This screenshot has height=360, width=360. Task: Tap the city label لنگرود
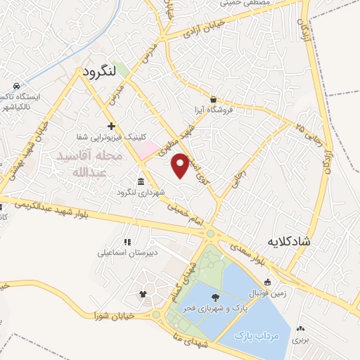98,72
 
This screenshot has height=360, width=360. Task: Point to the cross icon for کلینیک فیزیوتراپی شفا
110,125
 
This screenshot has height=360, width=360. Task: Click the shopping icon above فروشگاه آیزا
213,99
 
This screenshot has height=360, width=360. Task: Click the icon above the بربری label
301,328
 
